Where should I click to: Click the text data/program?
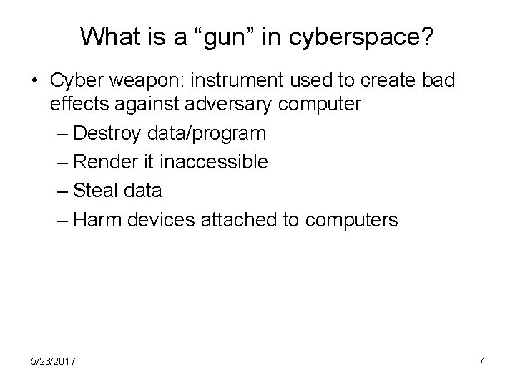(x=206, y=134)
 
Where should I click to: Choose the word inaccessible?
(x=214, y=163)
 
